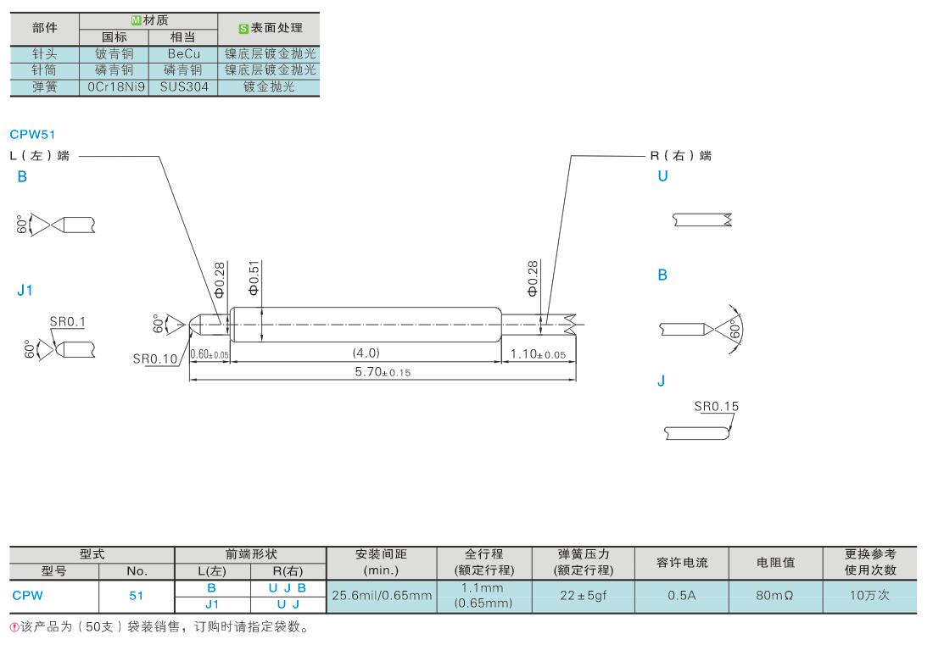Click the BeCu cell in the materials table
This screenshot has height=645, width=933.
tap(184, 53)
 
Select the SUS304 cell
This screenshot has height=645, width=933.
tap(184, 86)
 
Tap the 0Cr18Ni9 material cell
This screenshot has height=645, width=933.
tap(116, 86)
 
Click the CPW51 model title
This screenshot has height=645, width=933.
tap(32, 135)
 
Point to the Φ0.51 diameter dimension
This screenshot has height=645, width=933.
tap(254, 278)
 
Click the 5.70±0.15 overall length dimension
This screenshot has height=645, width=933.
tap(383, 372)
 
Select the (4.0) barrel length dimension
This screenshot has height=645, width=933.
tap(366, 353)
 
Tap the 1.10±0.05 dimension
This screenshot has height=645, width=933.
tap(538, 354)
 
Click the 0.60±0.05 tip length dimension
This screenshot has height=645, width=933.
tap(210, 354)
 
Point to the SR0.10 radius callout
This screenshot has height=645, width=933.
tap(154, 359)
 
